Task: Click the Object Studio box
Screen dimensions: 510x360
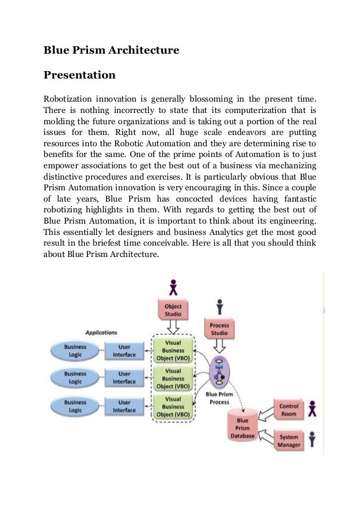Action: pos(173,310)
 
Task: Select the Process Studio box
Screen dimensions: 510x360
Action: pos(219,329)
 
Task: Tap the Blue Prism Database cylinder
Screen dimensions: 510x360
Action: pos(243,428)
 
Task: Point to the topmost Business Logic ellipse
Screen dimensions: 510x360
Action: pos(75,351)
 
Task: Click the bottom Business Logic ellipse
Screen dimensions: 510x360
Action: pos(75,406)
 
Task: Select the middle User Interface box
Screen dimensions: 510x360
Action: pos(124,378)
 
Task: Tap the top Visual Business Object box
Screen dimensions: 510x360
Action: pos(173,350)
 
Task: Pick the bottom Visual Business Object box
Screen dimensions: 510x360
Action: pos(173,406)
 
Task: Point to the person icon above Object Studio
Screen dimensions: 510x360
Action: pos(173,286)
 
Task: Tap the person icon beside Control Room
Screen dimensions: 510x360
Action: pos(313,409)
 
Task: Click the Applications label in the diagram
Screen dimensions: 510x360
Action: pos(102,333)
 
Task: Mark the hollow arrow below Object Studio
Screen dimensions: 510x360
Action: pos(173,327)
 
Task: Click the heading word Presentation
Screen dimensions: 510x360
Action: pos(80,75)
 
